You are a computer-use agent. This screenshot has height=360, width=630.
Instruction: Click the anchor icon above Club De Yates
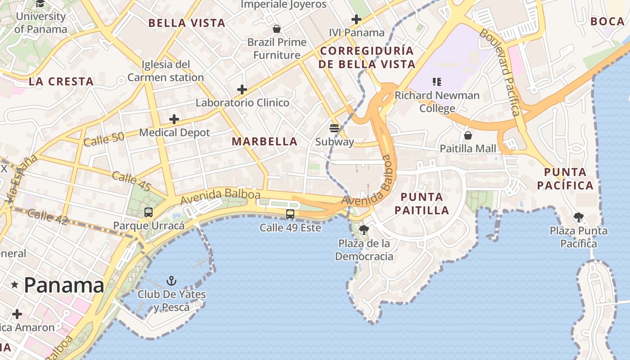pos(171,281)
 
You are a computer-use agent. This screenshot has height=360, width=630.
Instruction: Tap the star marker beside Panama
pos(15,285)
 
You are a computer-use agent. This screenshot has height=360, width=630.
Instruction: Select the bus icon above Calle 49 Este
pos(290,214)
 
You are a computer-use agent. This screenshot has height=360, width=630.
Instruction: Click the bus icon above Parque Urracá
pos(148,212)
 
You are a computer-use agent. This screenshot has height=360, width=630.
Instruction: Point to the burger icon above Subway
pos(334,128)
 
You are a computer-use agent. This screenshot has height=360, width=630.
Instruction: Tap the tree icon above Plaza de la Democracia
pos(364,230)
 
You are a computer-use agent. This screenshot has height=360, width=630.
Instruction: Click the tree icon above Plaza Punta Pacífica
pos(579,218)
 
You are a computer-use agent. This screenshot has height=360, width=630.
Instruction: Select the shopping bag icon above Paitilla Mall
pos(468,135)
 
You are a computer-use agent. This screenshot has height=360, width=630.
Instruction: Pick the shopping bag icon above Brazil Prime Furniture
pos(277,29)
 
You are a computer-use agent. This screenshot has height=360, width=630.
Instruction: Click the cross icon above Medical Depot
pos(174,119)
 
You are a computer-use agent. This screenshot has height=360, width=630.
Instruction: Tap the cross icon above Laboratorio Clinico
pos(242,90)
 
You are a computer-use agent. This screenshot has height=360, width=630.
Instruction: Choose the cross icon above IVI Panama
pos(356,19)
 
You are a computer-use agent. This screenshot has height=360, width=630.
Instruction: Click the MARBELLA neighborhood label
pos(265,141)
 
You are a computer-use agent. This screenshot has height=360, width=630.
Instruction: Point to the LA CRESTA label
pos(61,81)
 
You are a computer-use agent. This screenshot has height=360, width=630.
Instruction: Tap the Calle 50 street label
pos(104,139)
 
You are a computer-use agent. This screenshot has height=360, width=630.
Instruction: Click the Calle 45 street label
pos(131,181)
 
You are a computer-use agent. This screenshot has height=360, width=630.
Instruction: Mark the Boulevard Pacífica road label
pos(500,72)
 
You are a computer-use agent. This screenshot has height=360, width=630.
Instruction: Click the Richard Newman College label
pos(437,102)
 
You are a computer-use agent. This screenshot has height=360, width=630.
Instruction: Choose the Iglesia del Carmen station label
pos(166,71)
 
